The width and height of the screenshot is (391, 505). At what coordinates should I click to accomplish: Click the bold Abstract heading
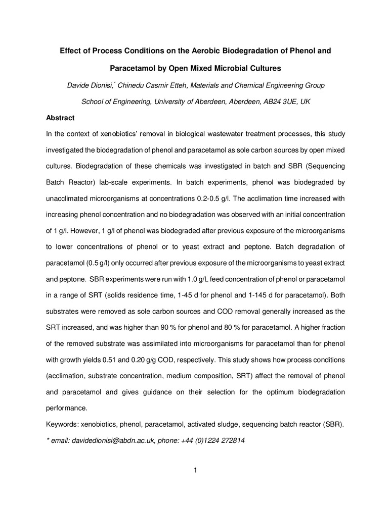click(60, 118)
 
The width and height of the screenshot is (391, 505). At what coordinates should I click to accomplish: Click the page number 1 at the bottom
click(195, 471)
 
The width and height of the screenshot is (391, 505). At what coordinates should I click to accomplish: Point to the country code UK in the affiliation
click(305, 102)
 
